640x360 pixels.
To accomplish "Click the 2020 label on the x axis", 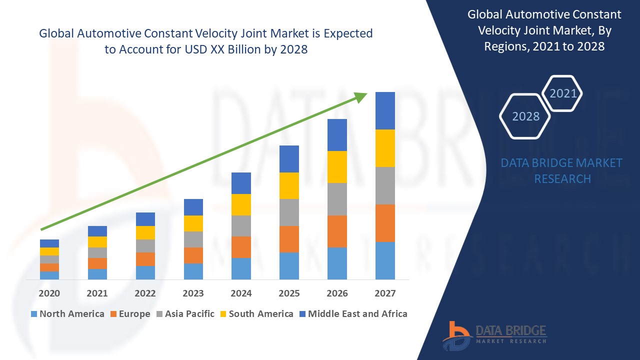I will [x=49, y=293].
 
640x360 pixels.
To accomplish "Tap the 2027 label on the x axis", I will [x=385, y=293].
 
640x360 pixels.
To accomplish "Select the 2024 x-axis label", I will [x=241, y=293].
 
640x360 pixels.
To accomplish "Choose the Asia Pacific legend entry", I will [x=185, y=314].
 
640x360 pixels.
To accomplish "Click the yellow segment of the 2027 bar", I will [x=385, y=148].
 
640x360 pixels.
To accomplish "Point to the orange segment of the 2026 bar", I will [x=337, y=231].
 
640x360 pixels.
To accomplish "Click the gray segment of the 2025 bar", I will [x=289, y=212].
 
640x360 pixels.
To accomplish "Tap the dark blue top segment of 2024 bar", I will [x=241, y=183].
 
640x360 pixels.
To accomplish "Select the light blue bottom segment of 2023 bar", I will [x=193, y=271].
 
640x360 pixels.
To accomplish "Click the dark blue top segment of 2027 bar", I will [x=385, y=110].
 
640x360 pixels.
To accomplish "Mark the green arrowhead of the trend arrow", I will [x=361, y=96].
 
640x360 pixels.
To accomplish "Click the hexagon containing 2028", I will [x=525, y=116].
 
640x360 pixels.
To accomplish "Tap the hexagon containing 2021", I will [x=563, y=93].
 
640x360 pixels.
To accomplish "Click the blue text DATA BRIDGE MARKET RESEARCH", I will [x=562, y=170].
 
